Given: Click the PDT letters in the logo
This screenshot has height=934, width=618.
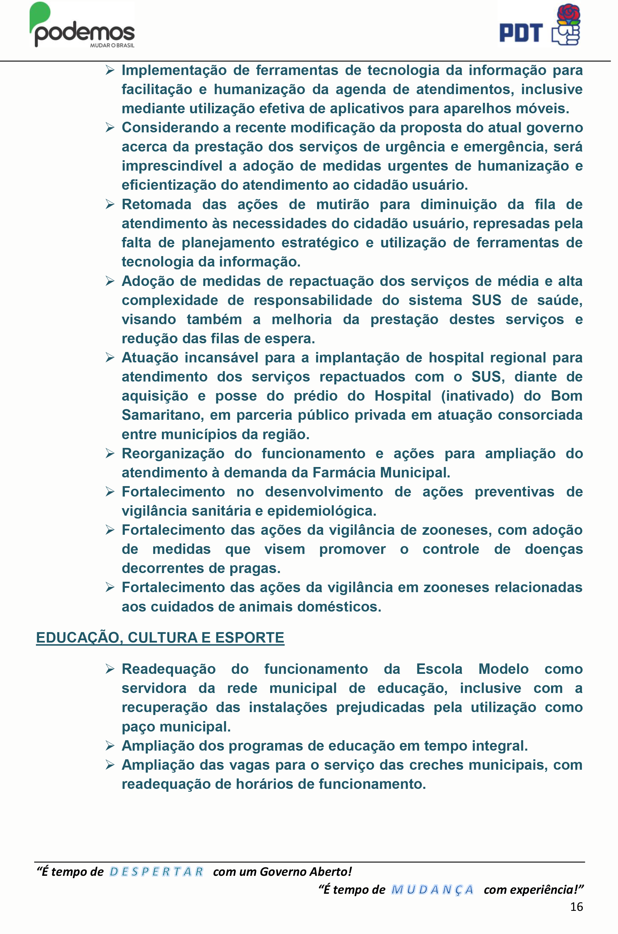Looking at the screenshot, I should click(521, 33).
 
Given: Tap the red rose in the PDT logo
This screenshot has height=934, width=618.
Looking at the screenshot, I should click(569, 14).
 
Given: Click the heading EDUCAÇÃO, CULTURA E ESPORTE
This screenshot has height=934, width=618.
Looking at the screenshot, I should click(160, 638).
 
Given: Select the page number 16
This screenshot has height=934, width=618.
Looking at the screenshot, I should click(576, 907).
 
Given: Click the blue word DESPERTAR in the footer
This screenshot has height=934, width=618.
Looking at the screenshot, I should click(156, 872).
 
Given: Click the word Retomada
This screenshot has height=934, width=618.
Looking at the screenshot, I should click(156, 205).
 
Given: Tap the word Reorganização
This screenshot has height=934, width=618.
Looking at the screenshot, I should click(173, 454).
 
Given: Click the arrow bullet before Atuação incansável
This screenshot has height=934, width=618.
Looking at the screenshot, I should click(110, 357).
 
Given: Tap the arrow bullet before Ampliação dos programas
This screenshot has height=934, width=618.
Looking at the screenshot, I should click(110, 746).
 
